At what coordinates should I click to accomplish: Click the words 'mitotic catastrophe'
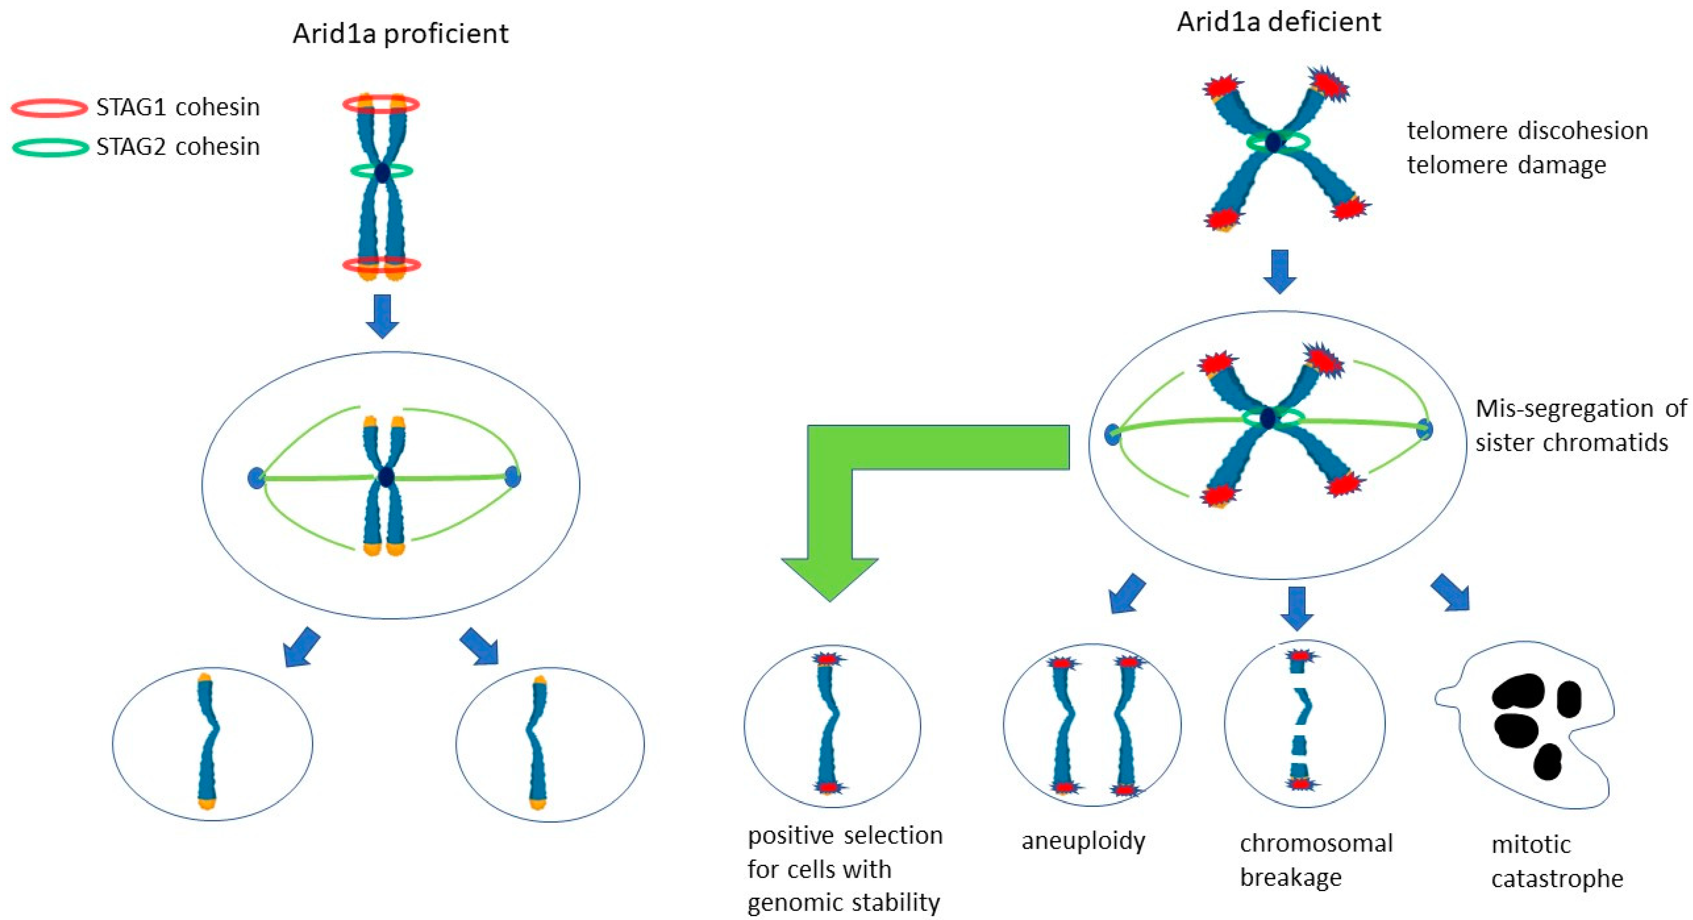pyautogui.click(x=1556, y=861)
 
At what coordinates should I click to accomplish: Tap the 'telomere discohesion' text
pyautogui.click(x=1527, y=131)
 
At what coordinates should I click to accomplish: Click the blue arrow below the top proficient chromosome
pyautogui.click(x=382, y=316)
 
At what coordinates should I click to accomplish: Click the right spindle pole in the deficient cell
pyautogui.click(x=1423, y=429)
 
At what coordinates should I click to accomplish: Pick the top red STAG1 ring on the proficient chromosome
pyautogui.click(x=381, y=104)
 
